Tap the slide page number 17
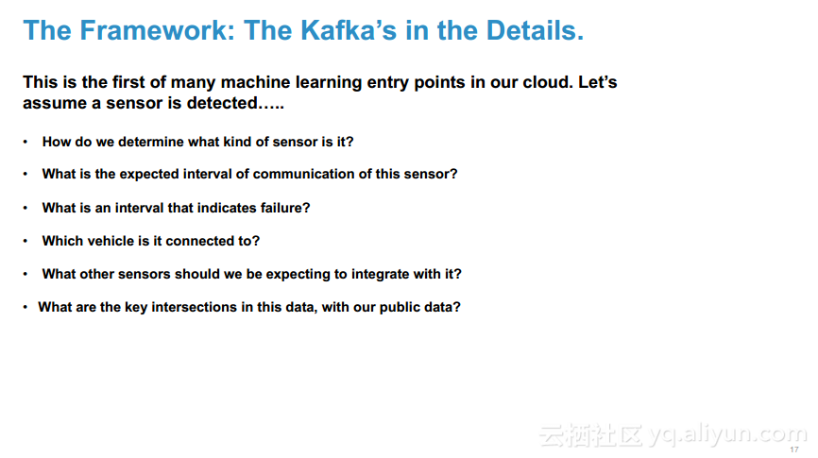[x=794, y=450]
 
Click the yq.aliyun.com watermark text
[x=727, y=434]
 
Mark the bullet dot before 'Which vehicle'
[x=26, y=241]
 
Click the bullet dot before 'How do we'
[x=26, y=142]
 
